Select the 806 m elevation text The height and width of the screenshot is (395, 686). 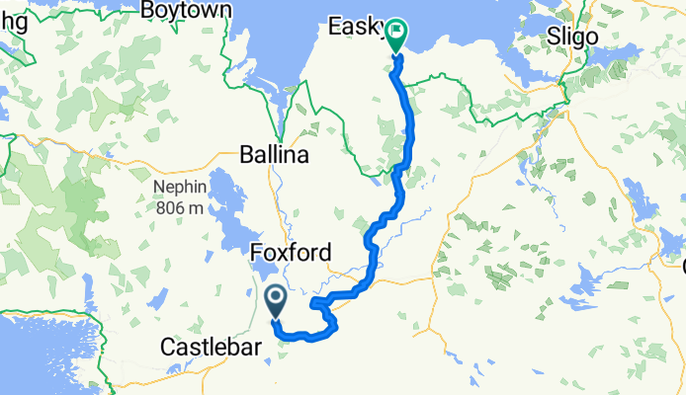[x=178, y=207]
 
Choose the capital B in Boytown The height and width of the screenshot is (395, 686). [x=148, y=10]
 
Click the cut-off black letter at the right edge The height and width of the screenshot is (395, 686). [x=682, y=263]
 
